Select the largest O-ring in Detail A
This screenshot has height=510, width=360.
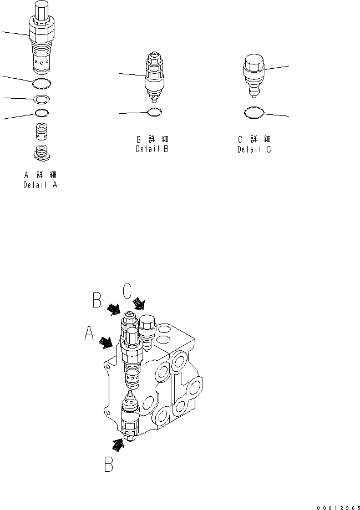(43, 84)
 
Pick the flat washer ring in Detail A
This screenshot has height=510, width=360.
(42, 99)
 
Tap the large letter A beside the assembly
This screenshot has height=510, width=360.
(89, 334)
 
